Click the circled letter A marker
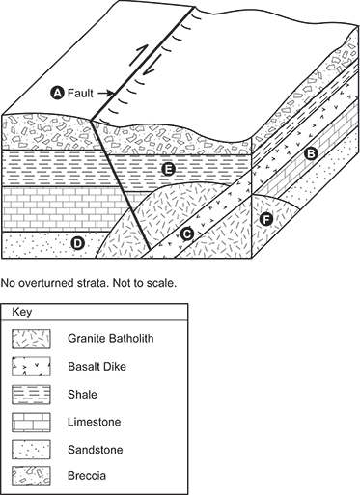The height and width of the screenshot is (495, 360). (57, 93)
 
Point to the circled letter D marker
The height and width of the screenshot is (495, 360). (77, 243)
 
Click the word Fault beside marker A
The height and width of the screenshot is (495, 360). (84, 93)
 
